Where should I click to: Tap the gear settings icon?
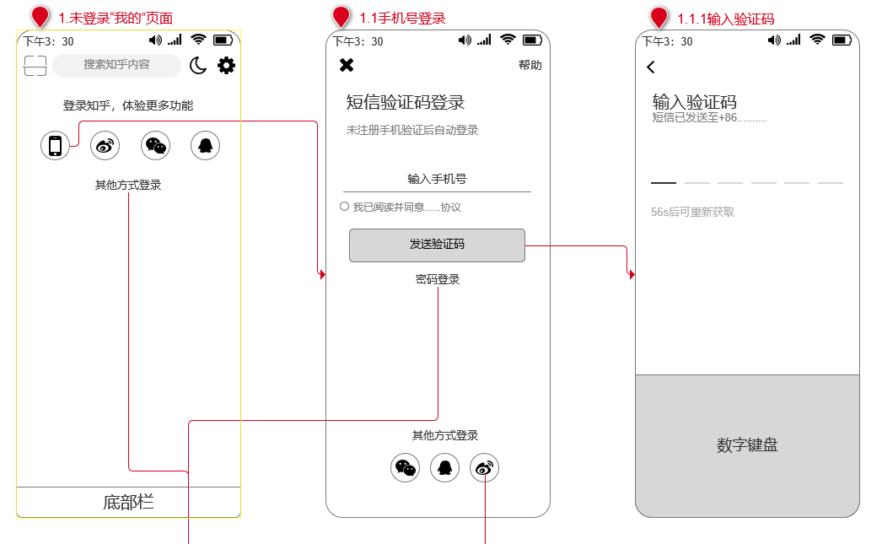(x=226, y=65)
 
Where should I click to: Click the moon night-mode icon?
(x=198, y=65)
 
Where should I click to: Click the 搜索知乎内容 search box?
(x=116, y=65)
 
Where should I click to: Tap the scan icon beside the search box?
(x=35, y=66)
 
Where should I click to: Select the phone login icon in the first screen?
(x=55, y=146)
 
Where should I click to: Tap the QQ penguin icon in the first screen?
(x=205, y=146)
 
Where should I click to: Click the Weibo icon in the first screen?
(x=105, y=146)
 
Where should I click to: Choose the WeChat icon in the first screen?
(x=155, y=146)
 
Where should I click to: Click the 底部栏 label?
(x=128, y=503)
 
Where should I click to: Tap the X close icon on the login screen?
(x=347, y=65)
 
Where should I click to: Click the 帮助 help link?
(x=530, y=65)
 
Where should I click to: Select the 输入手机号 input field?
(x=437, y=179)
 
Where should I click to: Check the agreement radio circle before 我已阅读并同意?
(x=344, y=207)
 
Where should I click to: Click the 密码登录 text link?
(x=437, y=279)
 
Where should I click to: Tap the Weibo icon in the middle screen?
(x=484, y=467)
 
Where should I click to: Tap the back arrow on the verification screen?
(x=651, y=67)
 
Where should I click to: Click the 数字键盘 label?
(x=747, y=445)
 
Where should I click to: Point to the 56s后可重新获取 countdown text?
(x=692, y=212)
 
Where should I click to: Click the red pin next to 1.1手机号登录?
(x=341, y=17)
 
